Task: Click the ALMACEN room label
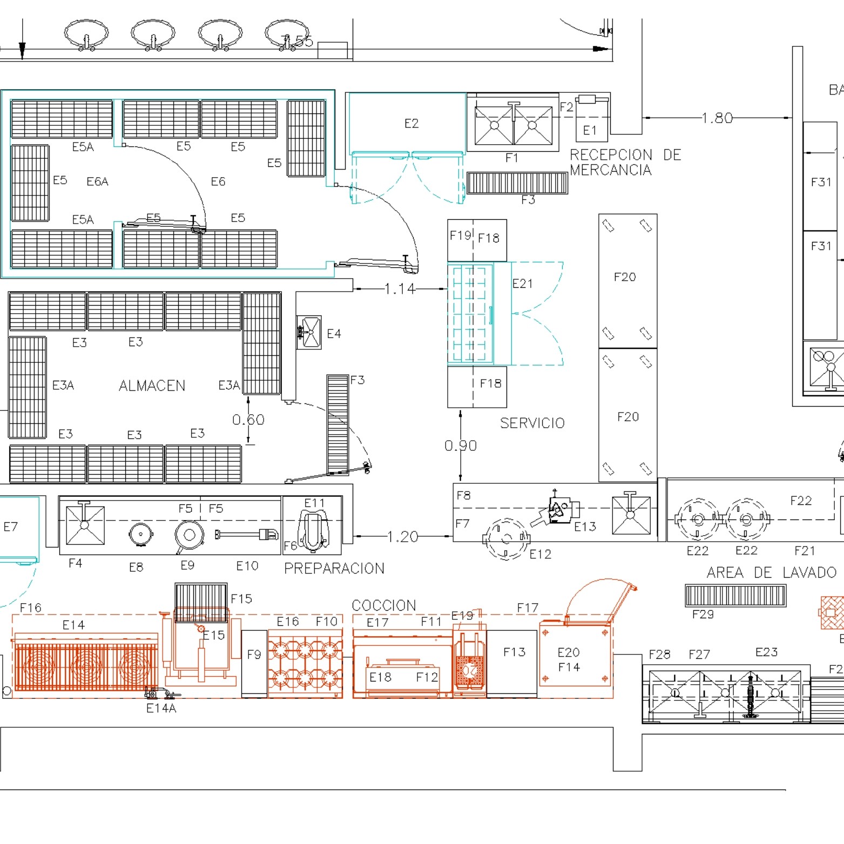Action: [x=152, y=386]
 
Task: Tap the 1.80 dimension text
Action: [x=717, y=118]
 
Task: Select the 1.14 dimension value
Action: [x=400, y=289]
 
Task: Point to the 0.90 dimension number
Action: [x=460, y=445]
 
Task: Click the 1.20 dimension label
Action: [x=402, y=536]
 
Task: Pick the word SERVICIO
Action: [x=532, y=423]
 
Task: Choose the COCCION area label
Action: [x=383, y=605]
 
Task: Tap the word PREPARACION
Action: [x=334, y=568]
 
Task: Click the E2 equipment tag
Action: [x=411, y=124]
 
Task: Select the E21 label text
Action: [x=522, y=283]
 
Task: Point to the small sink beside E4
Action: [x=309, y=332]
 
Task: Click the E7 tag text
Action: [x=11, y=526]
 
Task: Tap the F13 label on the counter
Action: [x=514, y=652]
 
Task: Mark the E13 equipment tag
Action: [x=585, y=526]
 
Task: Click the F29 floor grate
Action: [x=735, y=595]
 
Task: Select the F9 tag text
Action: [x=254, y=654]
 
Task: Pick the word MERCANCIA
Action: [x=610, y=170]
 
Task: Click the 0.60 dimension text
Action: [x=248, y=420]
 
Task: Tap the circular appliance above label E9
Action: [x=189, y=535]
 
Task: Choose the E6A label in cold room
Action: [x=97, y=181]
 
